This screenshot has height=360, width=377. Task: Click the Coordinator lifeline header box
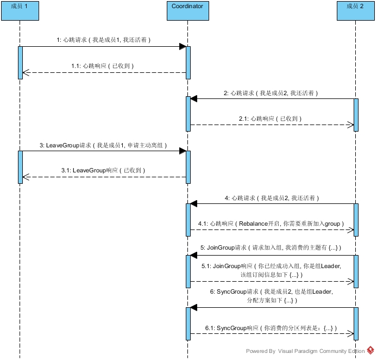click(188, 11)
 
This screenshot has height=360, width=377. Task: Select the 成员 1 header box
click(20, 11)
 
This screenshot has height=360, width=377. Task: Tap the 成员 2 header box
click(356, 11)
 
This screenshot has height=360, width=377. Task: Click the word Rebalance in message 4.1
click(253, 224)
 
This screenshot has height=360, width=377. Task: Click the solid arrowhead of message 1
click(183, 46)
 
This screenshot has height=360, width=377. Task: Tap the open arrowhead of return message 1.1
click(26, 72)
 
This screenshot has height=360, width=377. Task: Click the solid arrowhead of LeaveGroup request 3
click(183, 151)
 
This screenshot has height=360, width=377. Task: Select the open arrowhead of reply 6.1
click(350, 333)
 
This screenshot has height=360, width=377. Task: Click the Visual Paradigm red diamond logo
click(370, 350)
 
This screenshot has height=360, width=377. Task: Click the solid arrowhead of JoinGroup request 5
click(194, 256)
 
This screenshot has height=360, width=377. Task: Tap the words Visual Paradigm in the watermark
click(298, 351)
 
